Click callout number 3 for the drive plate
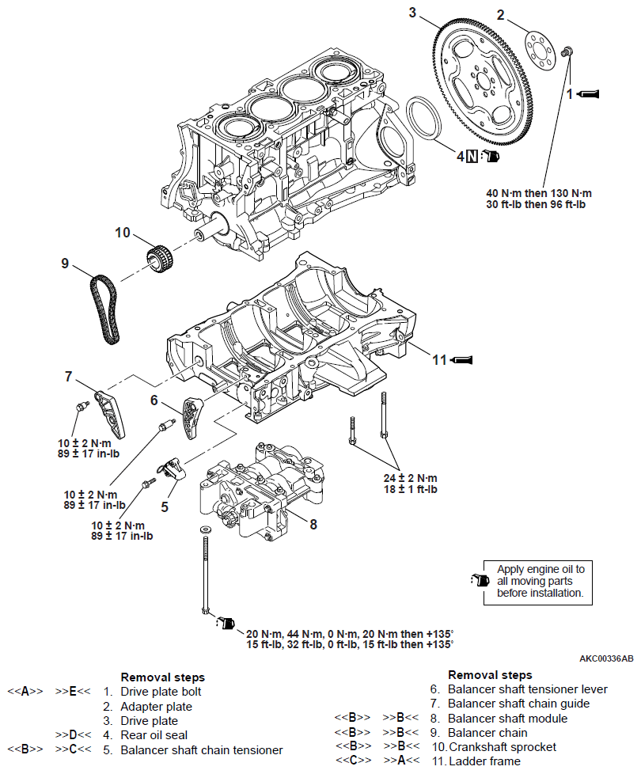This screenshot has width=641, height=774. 412,11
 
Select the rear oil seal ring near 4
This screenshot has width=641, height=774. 428,120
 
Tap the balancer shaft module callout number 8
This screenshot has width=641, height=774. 313,523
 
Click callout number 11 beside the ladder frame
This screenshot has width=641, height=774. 439,360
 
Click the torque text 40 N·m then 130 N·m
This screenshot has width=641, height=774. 540,193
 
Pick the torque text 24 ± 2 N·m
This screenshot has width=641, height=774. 411,478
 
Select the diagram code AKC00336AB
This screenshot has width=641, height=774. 606,658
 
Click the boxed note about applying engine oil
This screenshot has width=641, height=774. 540,581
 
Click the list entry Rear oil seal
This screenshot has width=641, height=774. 155,735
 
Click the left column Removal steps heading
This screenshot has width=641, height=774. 162,677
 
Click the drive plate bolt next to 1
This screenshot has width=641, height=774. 567,51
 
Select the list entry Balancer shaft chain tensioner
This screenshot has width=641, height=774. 201,749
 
